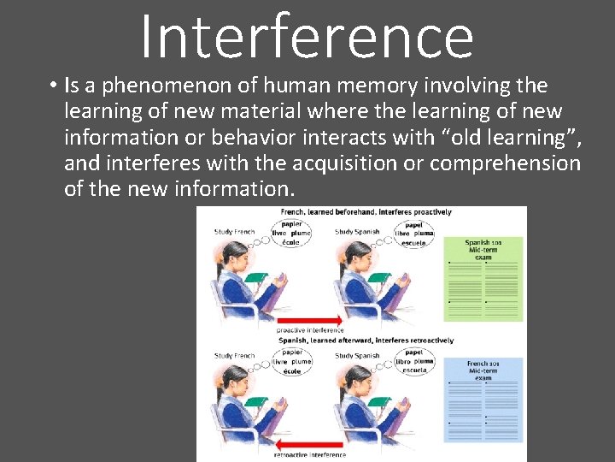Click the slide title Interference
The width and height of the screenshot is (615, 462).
tap(306, 36)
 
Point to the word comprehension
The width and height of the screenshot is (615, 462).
tap(505, 163)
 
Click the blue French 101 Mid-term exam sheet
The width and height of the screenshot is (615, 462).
tap(483, 400)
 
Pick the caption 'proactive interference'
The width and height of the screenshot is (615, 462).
tap(310, 330)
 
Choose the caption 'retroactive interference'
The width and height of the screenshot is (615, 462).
tap(310, 454)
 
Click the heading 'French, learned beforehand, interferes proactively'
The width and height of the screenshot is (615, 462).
tap(366, 212)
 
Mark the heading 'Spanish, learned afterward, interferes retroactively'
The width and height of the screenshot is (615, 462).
tap(366, 341)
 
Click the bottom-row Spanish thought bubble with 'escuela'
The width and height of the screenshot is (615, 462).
tap(415, 362)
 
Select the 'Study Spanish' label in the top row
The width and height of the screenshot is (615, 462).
tap(357, 232)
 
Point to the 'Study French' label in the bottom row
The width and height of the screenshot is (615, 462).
tap(235, 356)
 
